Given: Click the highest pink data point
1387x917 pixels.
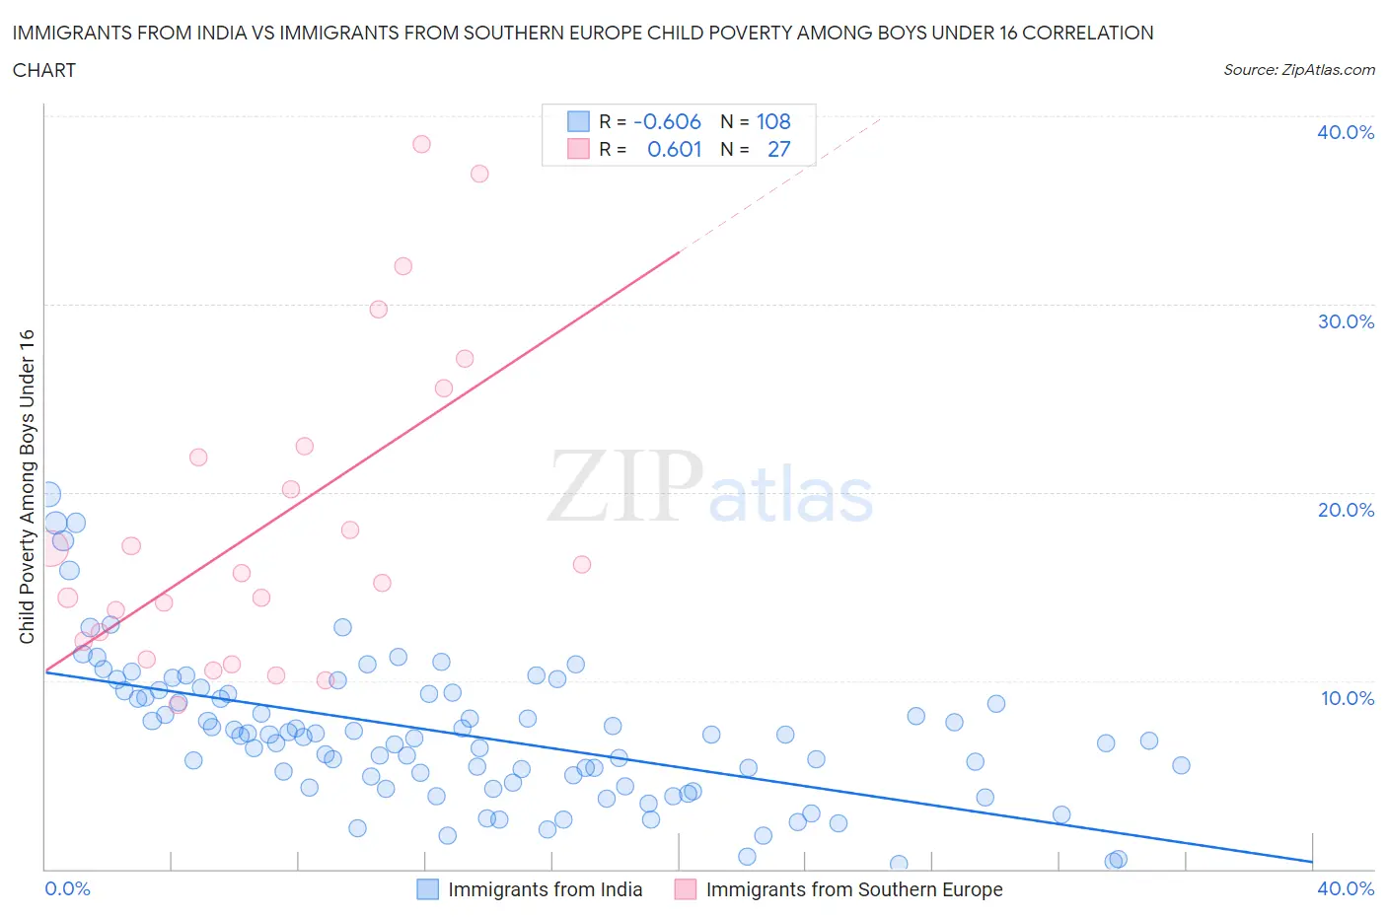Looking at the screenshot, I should [x=421, y=144].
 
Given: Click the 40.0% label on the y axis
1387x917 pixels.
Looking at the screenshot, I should [x=1345, y=132].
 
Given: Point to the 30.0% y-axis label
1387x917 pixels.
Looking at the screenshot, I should [x=1345, y=321].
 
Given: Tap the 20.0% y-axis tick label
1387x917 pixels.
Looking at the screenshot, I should [x=1345, y=510].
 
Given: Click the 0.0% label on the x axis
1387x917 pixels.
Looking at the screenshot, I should [x=67, y=888].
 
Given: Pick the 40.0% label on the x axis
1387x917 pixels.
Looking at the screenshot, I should [x=1345, y=888].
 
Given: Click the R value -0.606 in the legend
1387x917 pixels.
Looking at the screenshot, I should [x=667, y=121].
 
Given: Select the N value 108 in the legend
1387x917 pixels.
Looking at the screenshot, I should [x=773, y=121].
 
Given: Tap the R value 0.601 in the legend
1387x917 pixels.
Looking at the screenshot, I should [x=674, y=149].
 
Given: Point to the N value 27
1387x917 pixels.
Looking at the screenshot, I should [x=778, y=149].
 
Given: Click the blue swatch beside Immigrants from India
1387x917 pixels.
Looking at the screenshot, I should [x=427, y=889].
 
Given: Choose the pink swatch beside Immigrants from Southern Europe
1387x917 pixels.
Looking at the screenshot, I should [x=685, y=889].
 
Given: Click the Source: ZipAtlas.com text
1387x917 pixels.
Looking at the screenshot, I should [x=1298, y=70].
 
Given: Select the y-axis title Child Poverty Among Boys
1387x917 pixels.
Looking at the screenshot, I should [x=27, y=486].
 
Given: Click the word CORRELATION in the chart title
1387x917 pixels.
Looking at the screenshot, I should [x=1087, y=33].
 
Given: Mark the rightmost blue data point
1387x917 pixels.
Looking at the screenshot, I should [x=1181, y=765].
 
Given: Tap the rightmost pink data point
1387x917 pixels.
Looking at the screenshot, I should [x=582, y=564].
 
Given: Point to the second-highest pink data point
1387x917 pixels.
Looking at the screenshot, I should [x=479, y=174].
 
